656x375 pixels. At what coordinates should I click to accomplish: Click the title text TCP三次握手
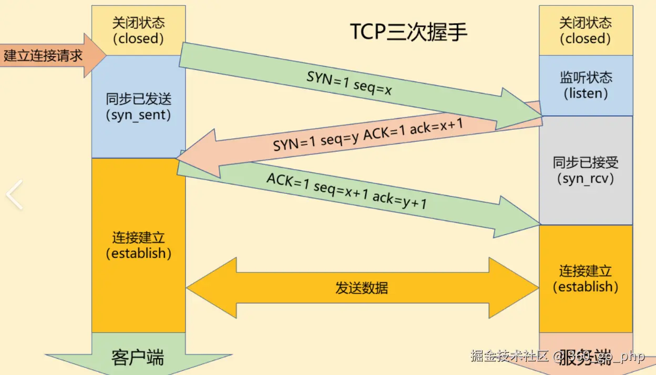[x=408, y=33]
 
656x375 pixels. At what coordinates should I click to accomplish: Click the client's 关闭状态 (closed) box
[x=138, y=30]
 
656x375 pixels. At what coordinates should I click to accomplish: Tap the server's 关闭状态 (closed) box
[x=586, y=30]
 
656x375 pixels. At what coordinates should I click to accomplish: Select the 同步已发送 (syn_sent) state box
[x=138, y=107]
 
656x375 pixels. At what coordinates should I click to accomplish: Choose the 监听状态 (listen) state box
[x=586, y=86]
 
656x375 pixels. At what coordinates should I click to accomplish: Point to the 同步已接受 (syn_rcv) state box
[x=586, y=170]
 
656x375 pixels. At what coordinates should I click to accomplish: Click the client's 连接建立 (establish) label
[x=138, y=245]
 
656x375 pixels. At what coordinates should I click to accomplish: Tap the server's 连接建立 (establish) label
[x=586, y=279]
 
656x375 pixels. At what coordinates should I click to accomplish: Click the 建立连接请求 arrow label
[x=44, y=56]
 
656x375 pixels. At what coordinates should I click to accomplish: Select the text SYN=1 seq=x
[x=350, y=84]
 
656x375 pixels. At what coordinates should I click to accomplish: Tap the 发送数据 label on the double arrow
[x=362, y=288]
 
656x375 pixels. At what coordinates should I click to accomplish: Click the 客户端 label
[x=138, y=357]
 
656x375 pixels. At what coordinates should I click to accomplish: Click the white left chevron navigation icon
[x=14, y=194]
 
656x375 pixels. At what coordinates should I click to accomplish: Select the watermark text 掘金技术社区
[x=509, y=357]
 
